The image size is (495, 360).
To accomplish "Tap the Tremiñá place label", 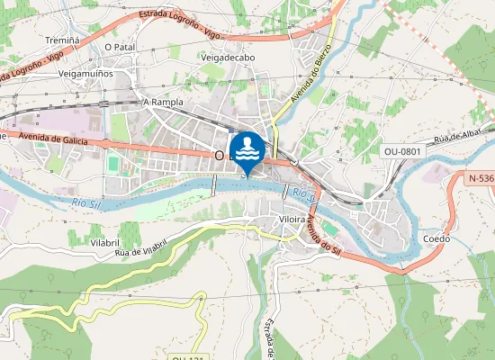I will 62,40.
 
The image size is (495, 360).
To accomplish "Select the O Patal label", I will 120,47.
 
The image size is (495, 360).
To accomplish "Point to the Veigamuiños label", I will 85,73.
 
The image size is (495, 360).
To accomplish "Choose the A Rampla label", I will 163,103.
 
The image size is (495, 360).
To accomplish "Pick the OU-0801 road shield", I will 401,152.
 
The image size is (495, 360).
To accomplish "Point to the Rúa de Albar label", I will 455,138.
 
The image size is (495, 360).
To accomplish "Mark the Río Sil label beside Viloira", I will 304,191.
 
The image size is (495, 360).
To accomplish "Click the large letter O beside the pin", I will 220,156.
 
